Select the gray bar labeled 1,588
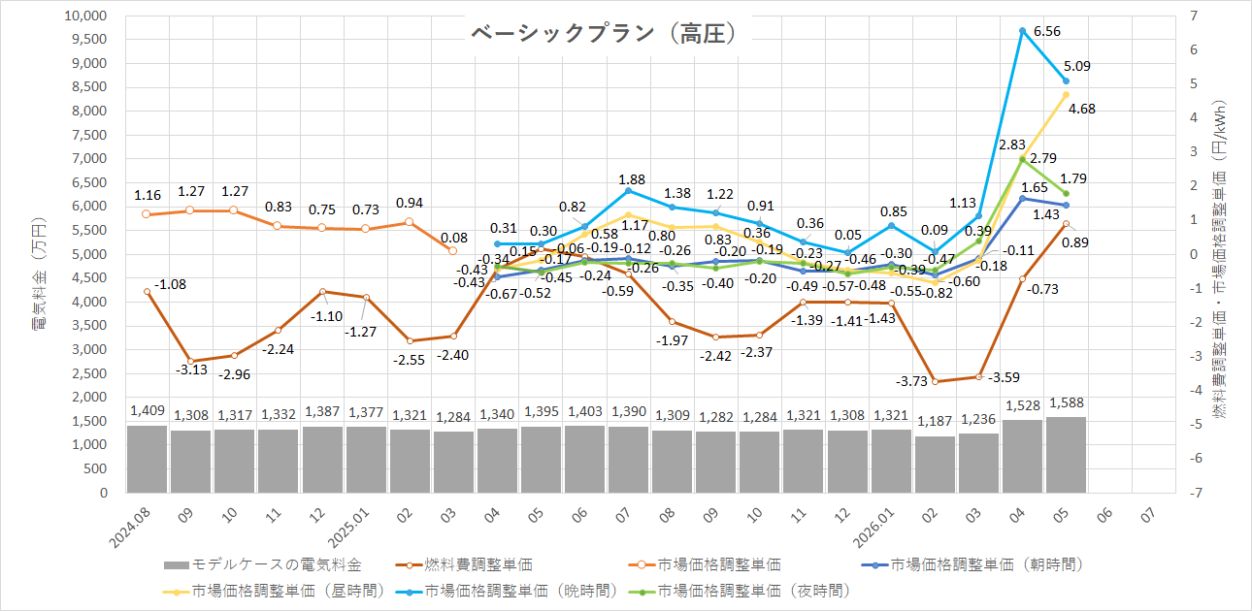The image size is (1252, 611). pos(1066,455)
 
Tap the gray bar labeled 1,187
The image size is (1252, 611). pos(935,465)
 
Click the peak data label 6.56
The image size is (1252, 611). pos(1047,31)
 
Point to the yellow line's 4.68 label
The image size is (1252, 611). pos(1081,109)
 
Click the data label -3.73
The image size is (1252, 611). pos(911,381)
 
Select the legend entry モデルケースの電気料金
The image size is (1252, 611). pos(263,564)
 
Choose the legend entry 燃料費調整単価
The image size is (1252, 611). pos(464,564)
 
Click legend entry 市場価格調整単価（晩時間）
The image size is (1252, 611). pos(506,591)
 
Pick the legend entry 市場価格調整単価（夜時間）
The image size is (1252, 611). pos(739,591)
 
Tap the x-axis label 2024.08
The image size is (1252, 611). pos(130,528)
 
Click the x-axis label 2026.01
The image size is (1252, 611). pos(873,528)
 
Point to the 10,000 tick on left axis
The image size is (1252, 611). pos(85,16)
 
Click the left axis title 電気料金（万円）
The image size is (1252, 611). pos(39,273)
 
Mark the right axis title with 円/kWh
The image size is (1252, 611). pos(1219,259)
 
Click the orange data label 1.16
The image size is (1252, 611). pos(148,196)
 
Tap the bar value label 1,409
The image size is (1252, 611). pos(148,411)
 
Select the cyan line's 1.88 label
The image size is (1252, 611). pos(632,179)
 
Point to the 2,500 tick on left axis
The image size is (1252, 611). pos(89,373)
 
